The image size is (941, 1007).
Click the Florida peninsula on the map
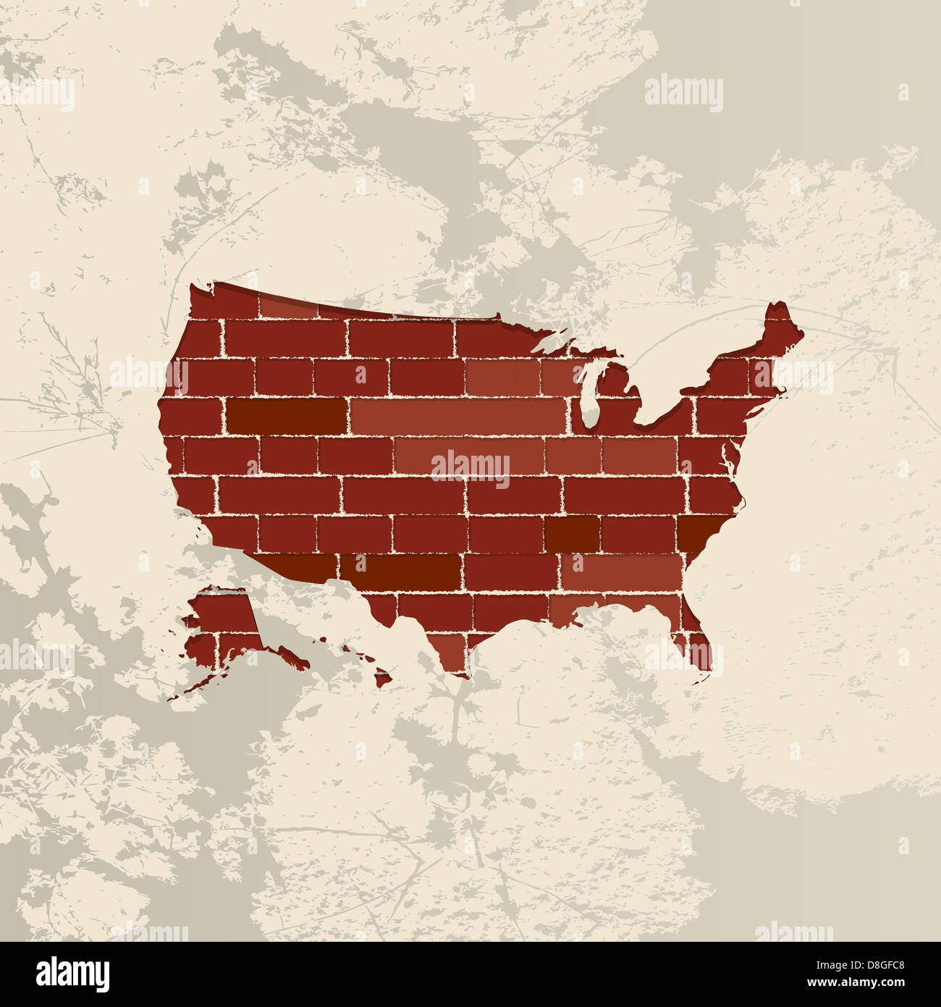696,641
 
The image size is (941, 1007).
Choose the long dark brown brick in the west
287,415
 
